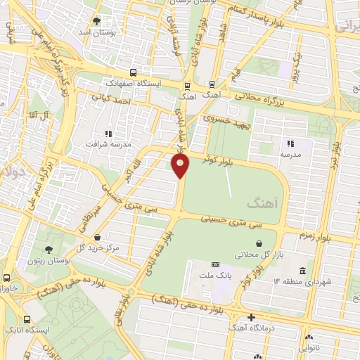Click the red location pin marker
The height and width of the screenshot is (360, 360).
[181, 165]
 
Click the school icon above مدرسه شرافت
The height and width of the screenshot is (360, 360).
[108, 134]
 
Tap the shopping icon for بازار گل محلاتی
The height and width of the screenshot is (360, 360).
[260, 243]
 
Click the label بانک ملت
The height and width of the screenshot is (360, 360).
[215, 274]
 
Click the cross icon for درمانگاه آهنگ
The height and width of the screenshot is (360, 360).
[251, 317]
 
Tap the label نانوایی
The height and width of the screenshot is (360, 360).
[309, 347]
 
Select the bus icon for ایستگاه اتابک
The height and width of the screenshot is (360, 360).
[27, 319]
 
